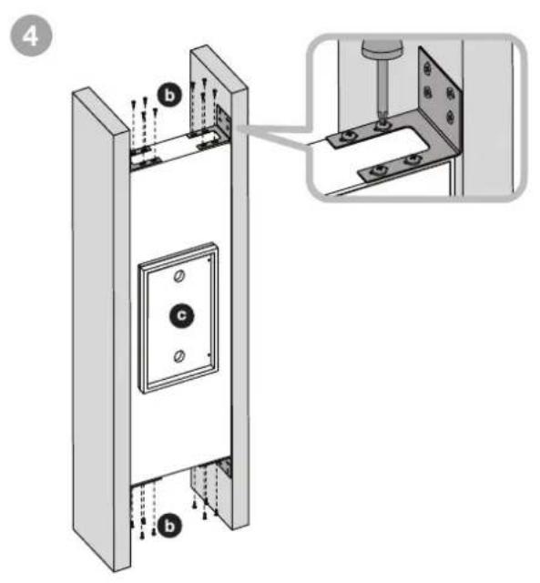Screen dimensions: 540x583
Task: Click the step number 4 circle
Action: pos(31,36)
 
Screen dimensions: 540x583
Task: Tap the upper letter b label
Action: pos(169,95)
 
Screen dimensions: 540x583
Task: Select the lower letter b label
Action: pos(169,526)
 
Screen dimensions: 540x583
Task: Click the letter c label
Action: pos(181,315)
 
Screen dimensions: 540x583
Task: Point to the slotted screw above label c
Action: pos(179,276)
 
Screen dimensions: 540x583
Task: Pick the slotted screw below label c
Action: pos(179,356)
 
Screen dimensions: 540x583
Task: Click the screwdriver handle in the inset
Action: pos(382,46)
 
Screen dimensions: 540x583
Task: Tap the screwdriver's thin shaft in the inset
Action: pos(381,88)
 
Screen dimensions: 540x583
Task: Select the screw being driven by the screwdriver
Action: pos(382,127)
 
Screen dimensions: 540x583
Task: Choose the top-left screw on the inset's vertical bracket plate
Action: pos(428,69)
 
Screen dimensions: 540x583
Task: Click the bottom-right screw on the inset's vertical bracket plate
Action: pos(451,118)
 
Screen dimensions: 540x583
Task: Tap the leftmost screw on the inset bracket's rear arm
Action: pos(348,138)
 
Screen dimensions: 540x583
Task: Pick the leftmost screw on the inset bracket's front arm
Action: pos(380,170)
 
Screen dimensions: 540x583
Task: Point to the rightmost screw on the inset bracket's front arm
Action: pos(411,160)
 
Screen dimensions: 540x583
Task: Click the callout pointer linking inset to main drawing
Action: pos(275,136)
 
